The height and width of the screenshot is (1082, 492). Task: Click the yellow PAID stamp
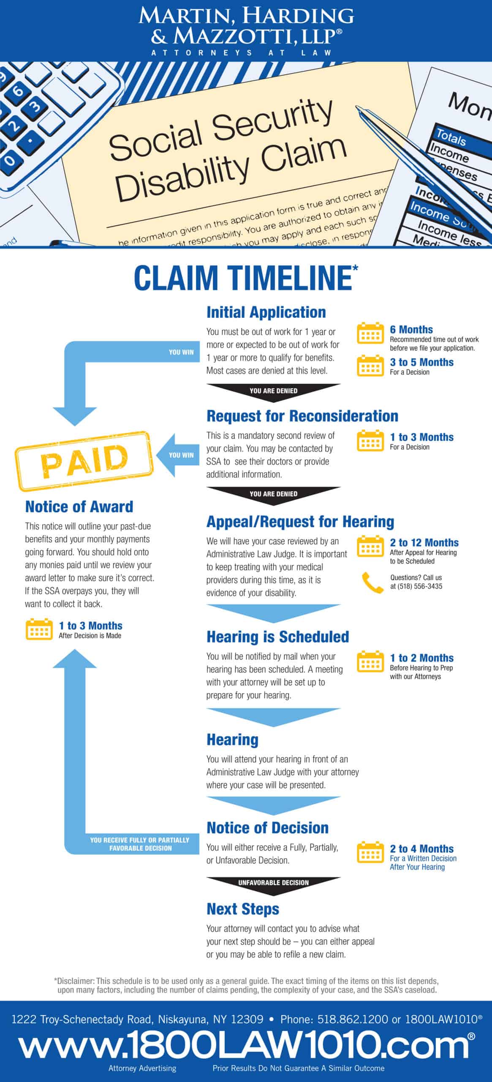click(x=84, y=461)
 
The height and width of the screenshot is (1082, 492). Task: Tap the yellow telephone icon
click(x=372, y=582)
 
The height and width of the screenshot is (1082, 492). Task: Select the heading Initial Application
click(x=266, y=312)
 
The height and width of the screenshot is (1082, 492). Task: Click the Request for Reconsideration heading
click(x=302, y=416)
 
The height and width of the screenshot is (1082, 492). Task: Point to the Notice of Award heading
click(x=79, y=506)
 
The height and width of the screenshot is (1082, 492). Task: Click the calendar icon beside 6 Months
click(x=370, y=333)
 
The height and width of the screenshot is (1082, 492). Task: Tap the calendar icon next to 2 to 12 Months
click(x=370, y=546)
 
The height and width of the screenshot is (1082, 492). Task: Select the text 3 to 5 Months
click(x=421, y=362)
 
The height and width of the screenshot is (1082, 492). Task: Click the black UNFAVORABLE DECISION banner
click(x=273, y=883)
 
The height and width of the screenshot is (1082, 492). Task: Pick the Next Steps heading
click(x=243, y=909)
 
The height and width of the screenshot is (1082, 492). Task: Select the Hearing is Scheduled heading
click(x=277, y=637)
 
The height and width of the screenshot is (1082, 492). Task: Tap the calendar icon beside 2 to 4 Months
click(x=370, y=852)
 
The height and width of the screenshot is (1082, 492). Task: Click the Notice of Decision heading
click(x=267, y=828)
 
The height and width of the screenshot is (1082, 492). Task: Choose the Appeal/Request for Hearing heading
click(x=300, y=522)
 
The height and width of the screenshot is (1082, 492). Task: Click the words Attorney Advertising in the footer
click(x=142, y=1068)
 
